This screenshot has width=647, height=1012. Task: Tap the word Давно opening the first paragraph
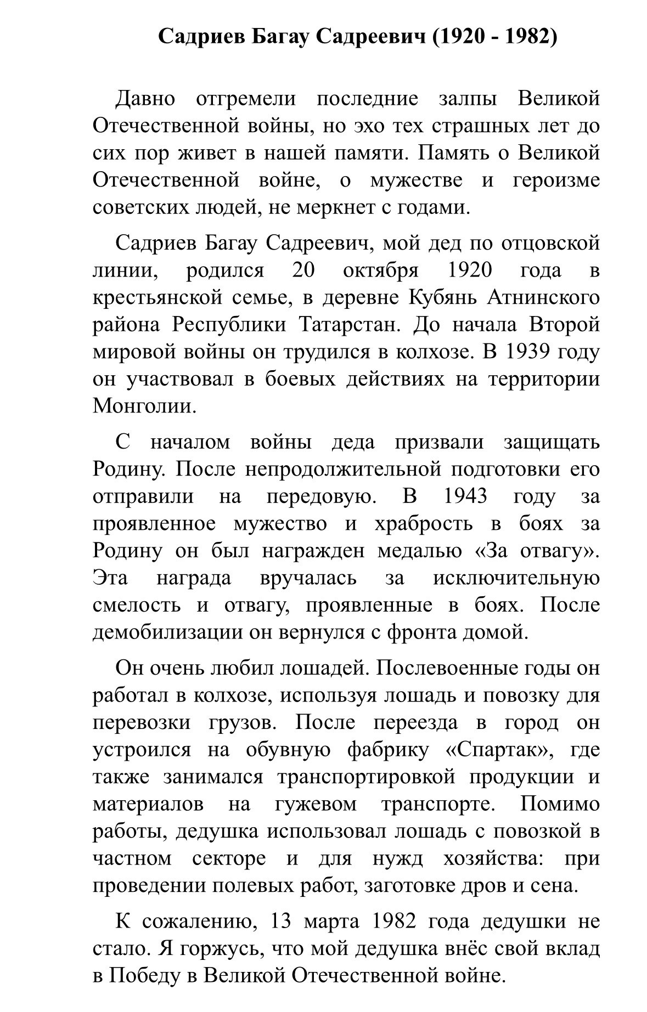[x=145, y=99]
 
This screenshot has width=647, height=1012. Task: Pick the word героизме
[x=556, y=180]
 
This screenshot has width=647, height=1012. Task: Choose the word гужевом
[x=314, y=804]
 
